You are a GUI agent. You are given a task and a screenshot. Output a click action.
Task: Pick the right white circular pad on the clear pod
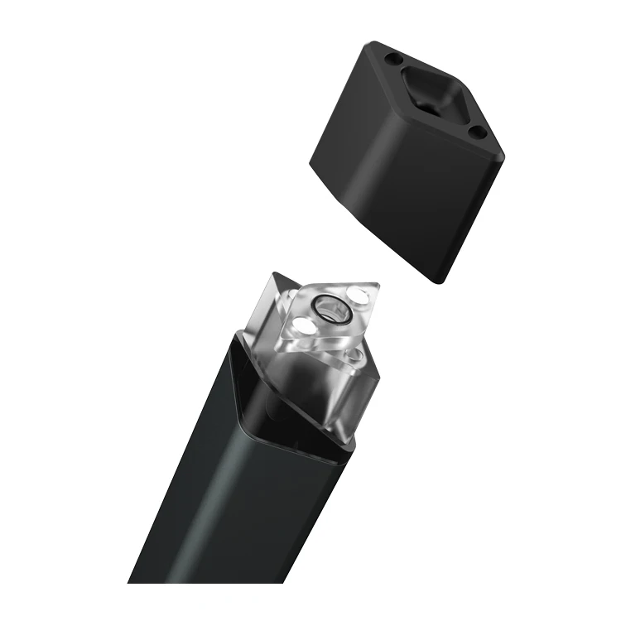click(358, 296)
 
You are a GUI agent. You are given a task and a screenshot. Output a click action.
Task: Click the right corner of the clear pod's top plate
click(380, 286)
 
